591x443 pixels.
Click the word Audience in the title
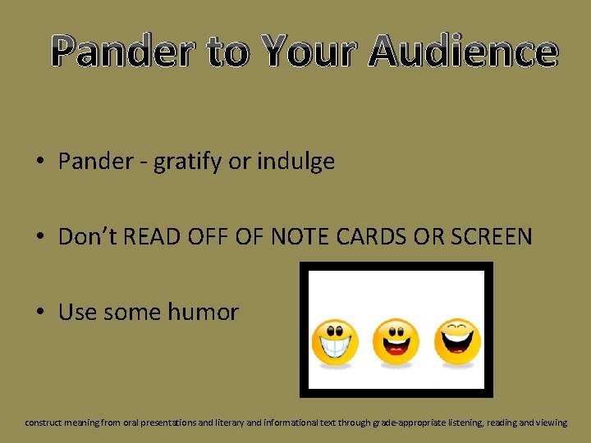[x=464, y=52]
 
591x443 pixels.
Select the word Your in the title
[x=312, y=52]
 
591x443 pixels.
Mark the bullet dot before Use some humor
[x=40, y=313]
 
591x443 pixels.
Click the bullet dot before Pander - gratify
[x=40, y=162]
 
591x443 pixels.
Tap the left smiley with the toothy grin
[x=334, y=343]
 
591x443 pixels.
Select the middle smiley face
[x=396, y=342]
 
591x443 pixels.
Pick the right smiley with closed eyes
[x=457, y=341]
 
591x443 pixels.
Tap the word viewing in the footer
[x=550, y=422]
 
